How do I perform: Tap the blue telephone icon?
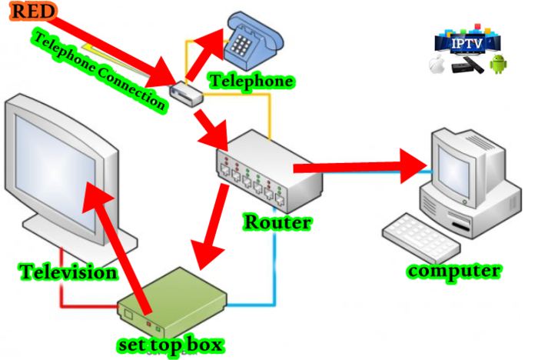coord(251,42)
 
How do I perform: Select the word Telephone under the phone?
coord(251,80)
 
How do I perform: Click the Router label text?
coord(277,223)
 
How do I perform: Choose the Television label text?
coord(68,272)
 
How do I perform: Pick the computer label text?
coord(454,270)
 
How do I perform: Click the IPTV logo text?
coord(470,43)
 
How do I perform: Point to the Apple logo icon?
coord(439,66)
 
